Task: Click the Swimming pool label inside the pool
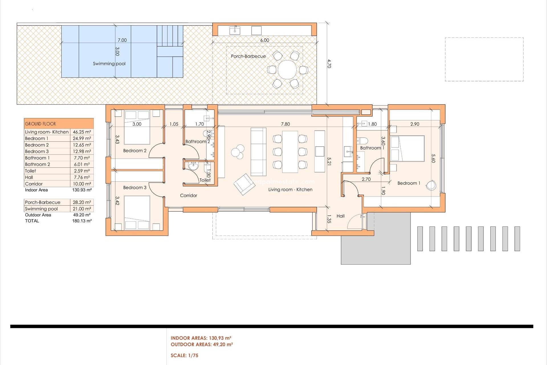tap(109, 64)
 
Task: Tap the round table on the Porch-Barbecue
tap(287, 70)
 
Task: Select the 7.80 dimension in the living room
tap(285, 124)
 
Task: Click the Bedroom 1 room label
tap(409, 183)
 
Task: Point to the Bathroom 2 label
tap(197, 141)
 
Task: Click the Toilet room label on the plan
tap(205, 180)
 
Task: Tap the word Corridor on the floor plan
tap(188, 195)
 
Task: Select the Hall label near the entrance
tap(340, 216)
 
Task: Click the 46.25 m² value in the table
tap(82, 132)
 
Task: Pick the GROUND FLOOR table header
tap(40, 124)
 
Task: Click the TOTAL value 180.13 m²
tap(82, 221)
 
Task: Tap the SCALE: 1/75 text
tap(184, 355)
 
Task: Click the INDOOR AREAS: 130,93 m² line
tap(201, 338)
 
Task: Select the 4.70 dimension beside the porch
tap(329, 64)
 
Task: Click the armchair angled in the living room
tap(244, 184)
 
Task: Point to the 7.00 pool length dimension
tap(122, 40)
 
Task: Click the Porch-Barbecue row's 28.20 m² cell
tap(82, 202)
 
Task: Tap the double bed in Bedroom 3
tap(137, 212)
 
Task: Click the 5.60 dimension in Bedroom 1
tap(433, 158)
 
